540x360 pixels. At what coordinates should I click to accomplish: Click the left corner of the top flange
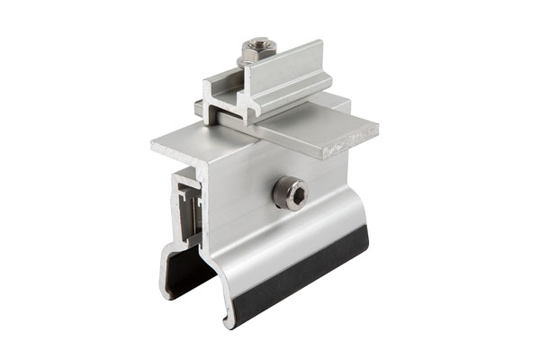pos(155,143)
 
